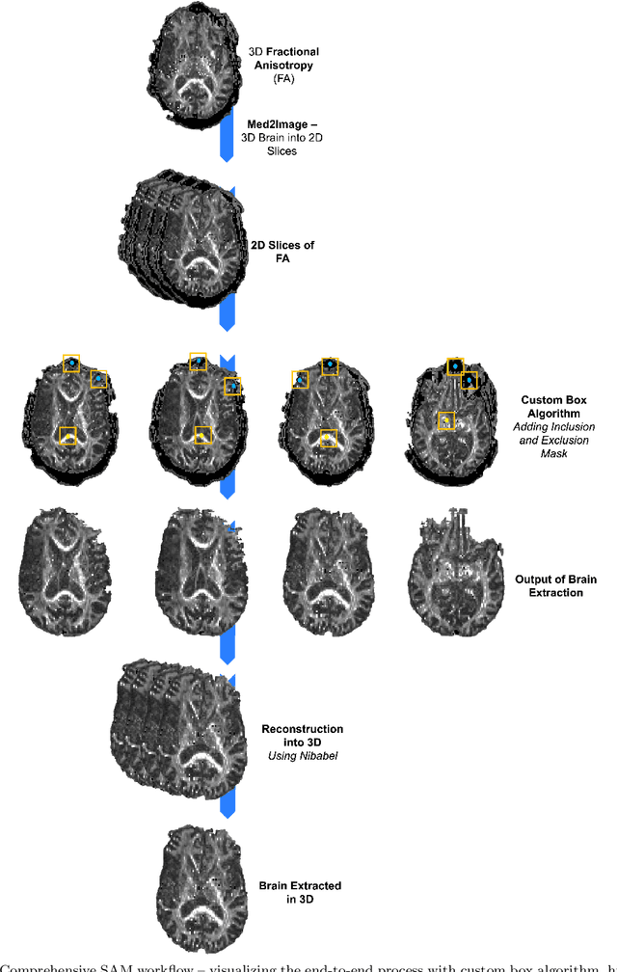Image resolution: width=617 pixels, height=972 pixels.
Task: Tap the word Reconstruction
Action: (x=302, y=729)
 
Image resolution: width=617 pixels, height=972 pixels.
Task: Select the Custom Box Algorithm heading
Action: (x=553, y=406)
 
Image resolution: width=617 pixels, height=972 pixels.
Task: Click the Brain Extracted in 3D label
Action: (x=300, y=892)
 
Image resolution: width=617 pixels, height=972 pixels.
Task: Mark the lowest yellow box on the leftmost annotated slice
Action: (x=67, y=436)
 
